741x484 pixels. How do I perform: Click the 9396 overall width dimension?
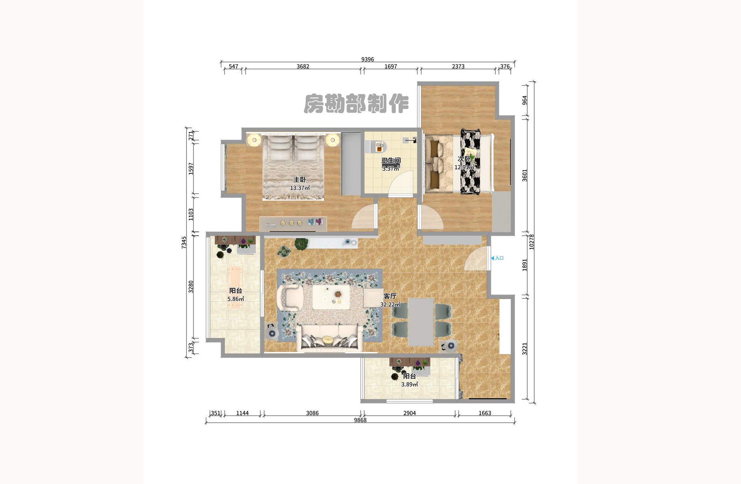click(x=367, y=60)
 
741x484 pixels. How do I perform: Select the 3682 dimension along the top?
click(x=303, y=67)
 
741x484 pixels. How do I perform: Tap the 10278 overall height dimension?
click(x=531, y=242)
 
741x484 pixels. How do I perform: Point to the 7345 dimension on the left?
click(x=184, y=242)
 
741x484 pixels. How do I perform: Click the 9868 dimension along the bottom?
click(x=360, y=420)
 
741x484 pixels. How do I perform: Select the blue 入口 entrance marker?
click(x=497, y=258)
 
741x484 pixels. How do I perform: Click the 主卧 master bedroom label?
click(x=299, y=180)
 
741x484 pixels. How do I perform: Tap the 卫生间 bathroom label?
click(x=391, y=160)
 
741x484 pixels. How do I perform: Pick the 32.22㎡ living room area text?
click(x=390, y=305)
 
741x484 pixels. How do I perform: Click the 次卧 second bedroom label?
click(x=464, y=159)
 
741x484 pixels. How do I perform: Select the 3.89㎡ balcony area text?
click(x=409, y=384)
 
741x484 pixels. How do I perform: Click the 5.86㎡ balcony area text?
click(x=235, y=299)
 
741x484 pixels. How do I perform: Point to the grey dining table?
click(x=421, y=321)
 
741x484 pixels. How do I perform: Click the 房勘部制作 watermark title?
click(x=356, y=104)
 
